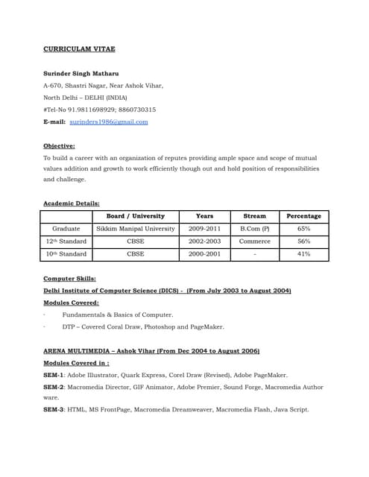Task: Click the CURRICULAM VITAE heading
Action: (79, 48)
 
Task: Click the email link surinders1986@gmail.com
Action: (108, 121)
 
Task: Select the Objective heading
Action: (59, 146)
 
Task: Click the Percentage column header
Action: (303, 216)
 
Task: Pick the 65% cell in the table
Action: (303, 229)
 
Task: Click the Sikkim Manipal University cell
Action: (136, 229)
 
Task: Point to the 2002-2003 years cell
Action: (204, 241)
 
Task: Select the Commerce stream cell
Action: (254, 241)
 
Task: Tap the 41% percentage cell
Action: (303, 254)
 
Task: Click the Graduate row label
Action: (66, 229)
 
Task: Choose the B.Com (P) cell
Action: (254, 229)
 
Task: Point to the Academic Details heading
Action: (72, 203)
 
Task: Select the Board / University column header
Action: (136, 216)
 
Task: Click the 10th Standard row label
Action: (66, 254)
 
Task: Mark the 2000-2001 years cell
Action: (204, 254)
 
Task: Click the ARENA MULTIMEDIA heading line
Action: (151, 350)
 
